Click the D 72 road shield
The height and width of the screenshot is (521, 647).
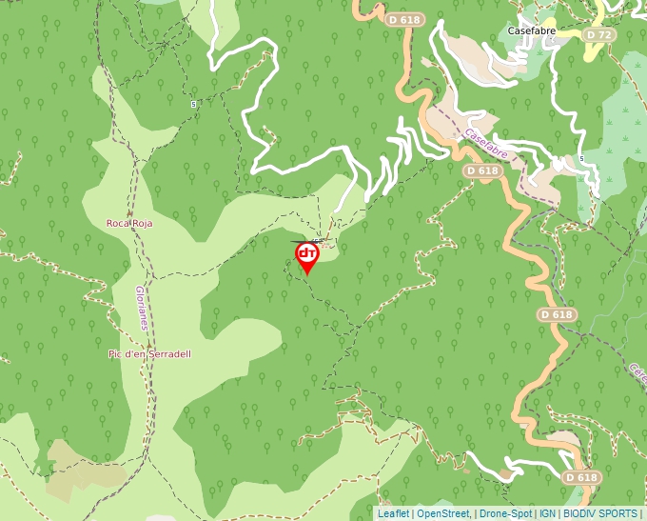tap(598, 34)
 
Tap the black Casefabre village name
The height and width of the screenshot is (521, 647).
tap(531, 30)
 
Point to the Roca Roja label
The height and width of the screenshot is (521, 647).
tap(129, 223)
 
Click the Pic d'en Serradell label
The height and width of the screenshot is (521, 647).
tap(149, 354)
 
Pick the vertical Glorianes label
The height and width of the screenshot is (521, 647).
tap(141, 307)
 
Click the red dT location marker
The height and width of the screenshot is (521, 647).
tap(306, 256)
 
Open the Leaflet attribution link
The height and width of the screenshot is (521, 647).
tap(393, 513)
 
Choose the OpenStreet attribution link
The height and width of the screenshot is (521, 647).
tap(442, 513)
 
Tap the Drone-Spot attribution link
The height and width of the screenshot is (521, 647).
tap(505, 513)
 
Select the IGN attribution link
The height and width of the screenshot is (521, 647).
tap(548, 513)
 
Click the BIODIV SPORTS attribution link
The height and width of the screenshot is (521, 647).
tap(600, 513)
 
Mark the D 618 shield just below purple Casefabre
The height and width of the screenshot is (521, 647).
tap(482, 170)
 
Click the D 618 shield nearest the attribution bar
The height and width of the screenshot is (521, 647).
tap(580, 477)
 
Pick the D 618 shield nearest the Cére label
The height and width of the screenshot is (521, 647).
tap(557, 314)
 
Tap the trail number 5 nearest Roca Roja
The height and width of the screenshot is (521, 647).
tap(193, 104)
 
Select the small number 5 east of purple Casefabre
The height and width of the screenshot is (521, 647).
tap(579, 159)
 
